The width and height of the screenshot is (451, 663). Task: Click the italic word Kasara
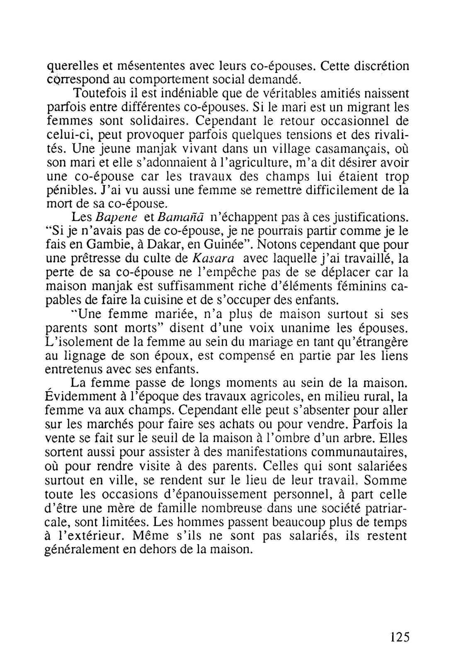[214, 259]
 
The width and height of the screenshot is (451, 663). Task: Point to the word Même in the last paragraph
[148, 535]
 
